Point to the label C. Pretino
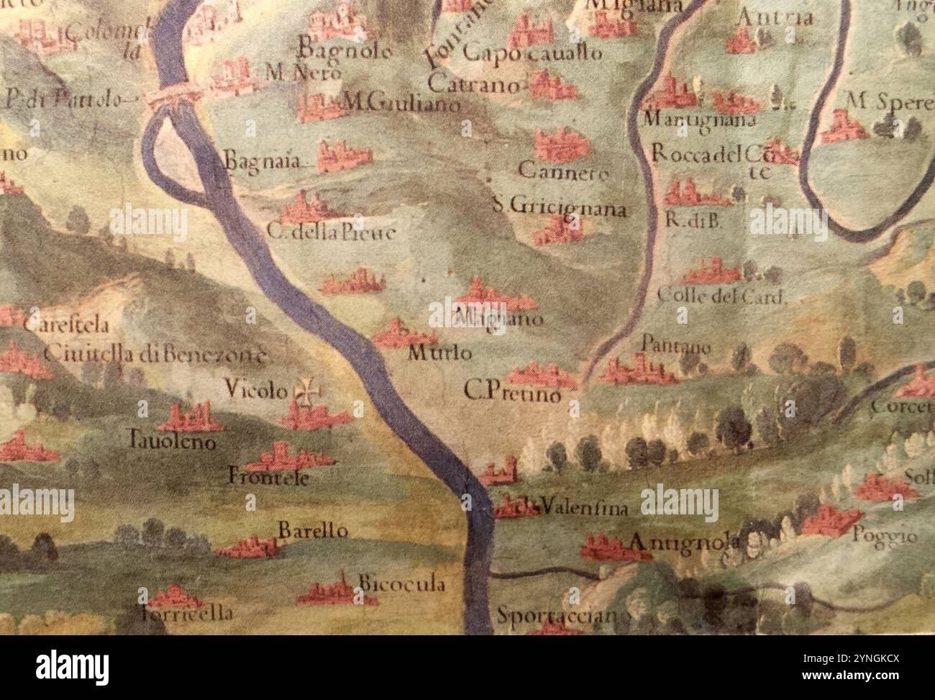pos(511,392)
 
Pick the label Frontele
pos(268,476)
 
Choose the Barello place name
pos(313,532)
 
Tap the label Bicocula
pos(401,584)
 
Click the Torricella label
pos(187,614)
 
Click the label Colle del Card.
pos(719,296)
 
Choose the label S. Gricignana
pos(560,209)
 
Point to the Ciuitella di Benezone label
pos(155,354)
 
